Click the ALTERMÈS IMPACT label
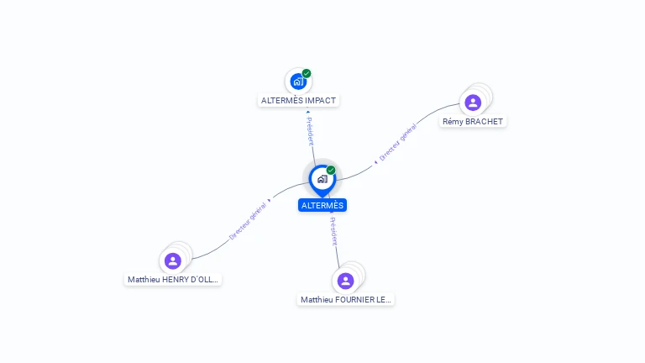[298, 101]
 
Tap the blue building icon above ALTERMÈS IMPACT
[298, 82]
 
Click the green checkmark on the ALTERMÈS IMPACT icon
[307, 73]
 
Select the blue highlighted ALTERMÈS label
[322, 205]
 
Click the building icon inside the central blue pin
[322, 179]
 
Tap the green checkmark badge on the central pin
[331, 170]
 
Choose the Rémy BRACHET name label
[473, 121]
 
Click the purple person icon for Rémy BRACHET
[473, 103]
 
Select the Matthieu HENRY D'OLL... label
[173, 280]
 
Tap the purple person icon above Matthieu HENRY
[173, 261]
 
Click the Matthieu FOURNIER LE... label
[345, 300]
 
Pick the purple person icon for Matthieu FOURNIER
[345, 281]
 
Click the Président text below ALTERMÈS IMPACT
[310, 131]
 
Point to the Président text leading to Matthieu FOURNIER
[333, 231]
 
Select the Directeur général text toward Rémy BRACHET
[398, 142]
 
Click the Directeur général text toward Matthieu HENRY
[248, 221]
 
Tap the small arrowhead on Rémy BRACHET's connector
[375, 162]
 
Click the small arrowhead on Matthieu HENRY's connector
[270, 201]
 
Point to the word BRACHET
[484, 121]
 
